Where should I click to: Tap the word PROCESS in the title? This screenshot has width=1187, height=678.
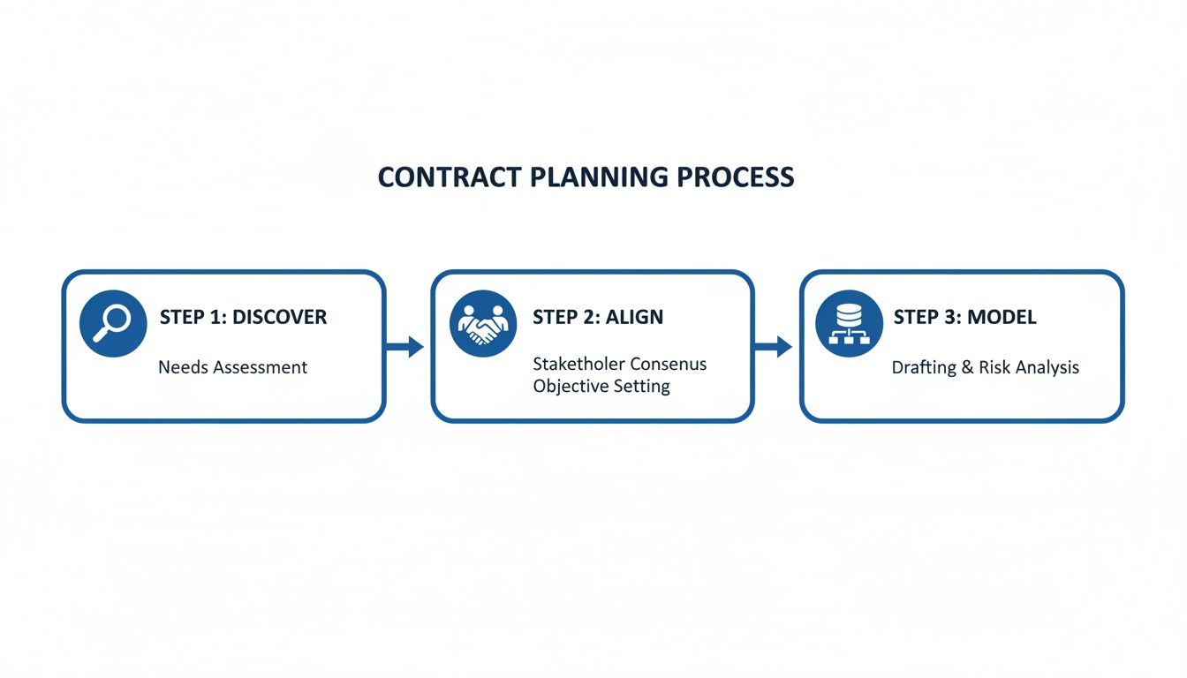click(736, 177)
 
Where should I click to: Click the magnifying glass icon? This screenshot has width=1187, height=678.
click(112, 322)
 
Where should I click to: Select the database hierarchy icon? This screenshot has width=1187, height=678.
click(848, 324)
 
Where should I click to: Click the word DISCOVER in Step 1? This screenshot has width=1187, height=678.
click(279, 317)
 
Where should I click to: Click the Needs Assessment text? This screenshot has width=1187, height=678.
click(233, 367)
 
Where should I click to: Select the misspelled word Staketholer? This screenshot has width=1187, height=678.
click(578, 364)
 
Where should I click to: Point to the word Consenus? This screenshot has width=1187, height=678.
click(669, 364)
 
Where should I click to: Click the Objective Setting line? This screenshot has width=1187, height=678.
click(601, 387)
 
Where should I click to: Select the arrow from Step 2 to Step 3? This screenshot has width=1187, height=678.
click(775, 346)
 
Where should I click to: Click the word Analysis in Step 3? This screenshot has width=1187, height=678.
click(1047, 367)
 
